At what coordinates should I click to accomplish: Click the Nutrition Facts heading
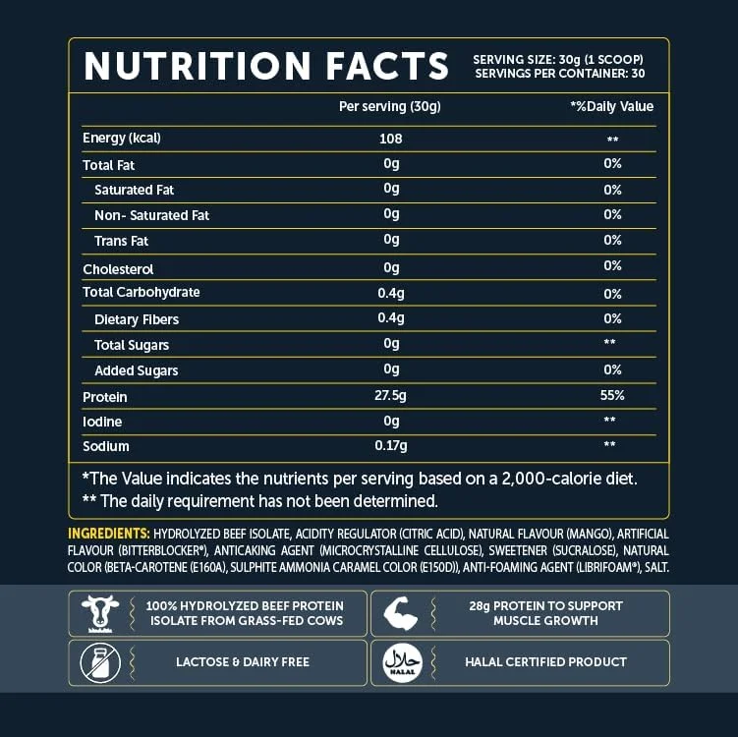click(265, 66)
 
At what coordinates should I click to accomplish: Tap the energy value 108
click(391, 139)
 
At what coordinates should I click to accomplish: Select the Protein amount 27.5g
click(391, 397)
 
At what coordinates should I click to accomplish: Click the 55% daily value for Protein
click(611, 396)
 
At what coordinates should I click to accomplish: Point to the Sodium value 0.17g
click(391, 447)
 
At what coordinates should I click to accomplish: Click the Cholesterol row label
click(118, 268)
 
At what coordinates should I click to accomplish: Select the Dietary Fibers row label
click(137, 319)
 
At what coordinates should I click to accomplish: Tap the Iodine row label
click(102, 422)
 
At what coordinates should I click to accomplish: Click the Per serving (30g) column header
click(389, 106)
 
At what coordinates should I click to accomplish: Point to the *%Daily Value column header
click(611, 106)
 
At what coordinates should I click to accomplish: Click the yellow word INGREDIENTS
click(108, 534)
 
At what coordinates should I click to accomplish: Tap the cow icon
click(100, 613)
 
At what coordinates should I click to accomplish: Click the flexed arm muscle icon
click(402, 613)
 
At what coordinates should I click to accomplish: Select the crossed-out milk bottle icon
click(100, 662)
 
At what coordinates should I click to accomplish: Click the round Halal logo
click(402, 662)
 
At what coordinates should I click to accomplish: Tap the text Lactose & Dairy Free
click(243, 662)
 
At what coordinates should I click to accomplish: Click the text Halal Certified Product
click(545, 662)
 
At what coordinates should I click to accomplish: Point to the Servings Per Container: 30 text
click(558, 74)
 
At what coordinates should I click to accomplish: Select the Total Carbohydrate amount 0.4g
click(391, 293)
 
